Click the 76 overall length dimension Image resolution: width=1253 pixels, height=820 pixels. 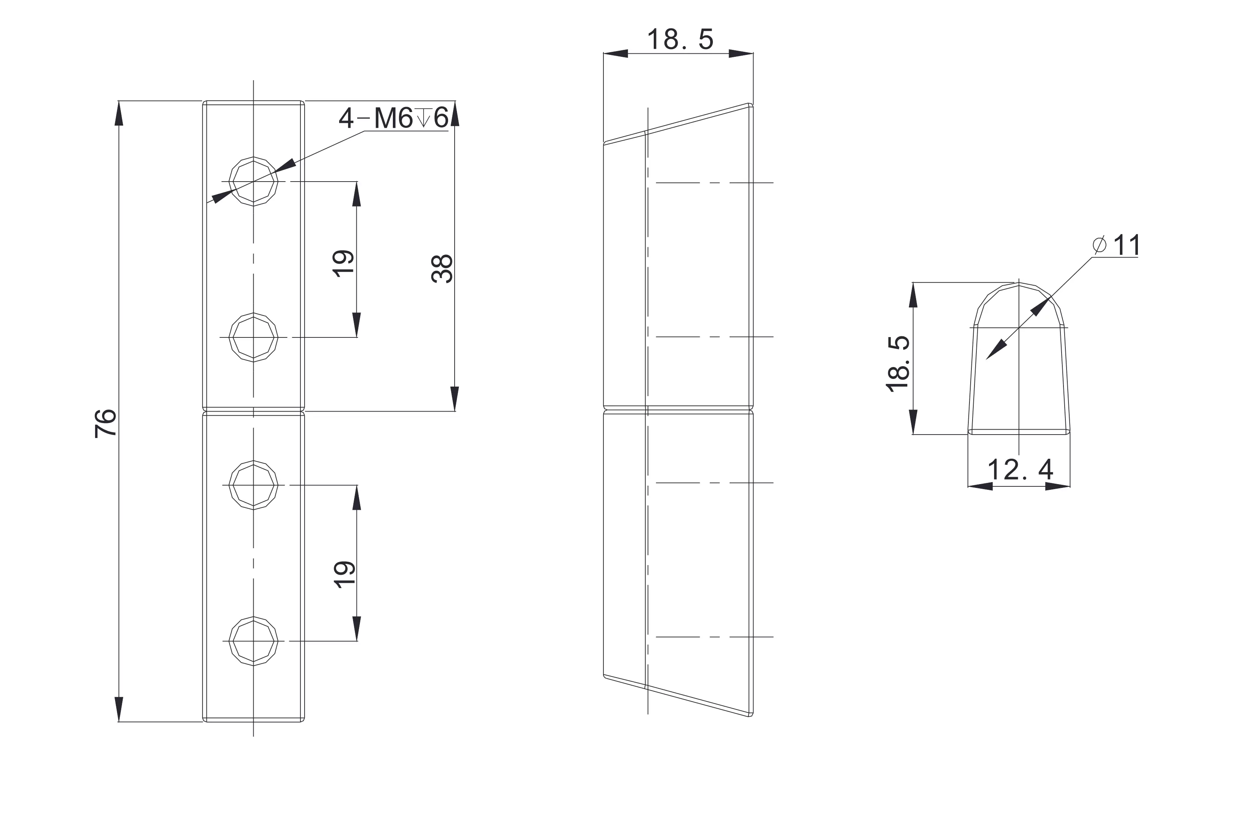coord(106,423)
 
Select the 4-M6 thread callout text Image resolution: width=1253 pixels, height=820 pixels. coord(393,118)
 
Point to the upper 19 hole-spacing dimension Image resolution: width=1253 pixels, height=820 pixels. coord(344,263)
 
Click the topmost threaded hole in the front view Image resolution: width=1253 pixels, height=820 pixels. coord(253,181)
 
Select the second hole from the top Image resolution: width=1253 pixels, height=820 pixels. coord(253,337)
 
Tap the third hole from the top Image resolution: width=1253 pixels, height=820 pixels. coord(253,485)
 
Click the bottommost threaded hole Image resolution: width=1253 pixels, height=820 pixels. coord(253,641)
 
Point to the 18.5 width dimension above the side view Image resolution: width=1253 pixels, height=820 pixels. coord(680,40)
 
